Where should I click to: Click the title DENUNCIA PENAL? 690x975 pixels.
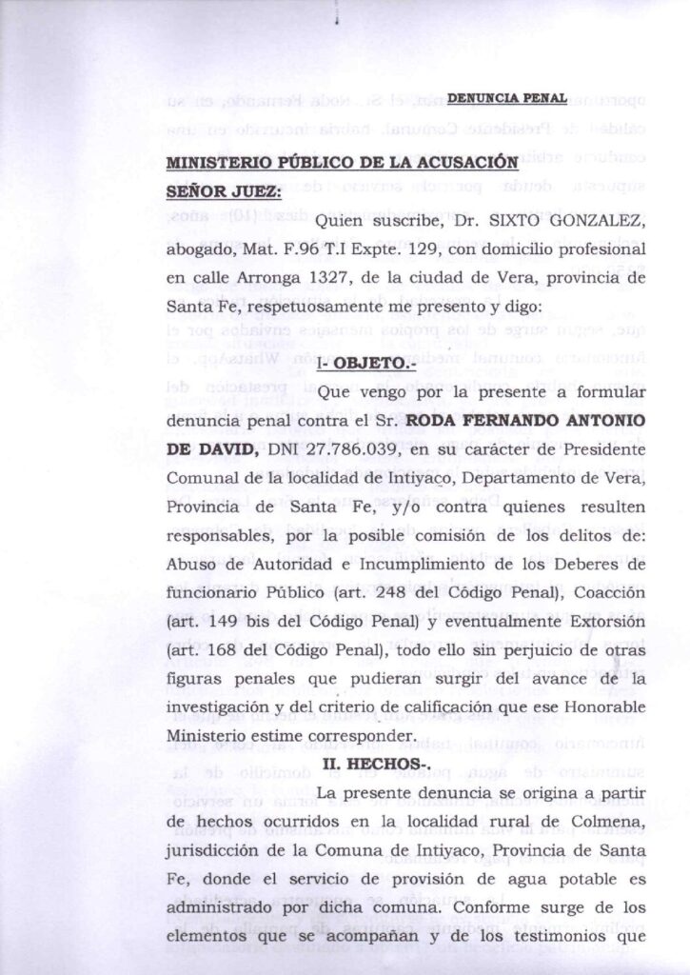point(505,98)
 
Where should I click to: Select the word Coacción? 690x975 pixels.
point(606,591)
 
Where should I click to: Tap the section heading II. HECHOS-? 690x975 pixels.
point(377,763)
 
